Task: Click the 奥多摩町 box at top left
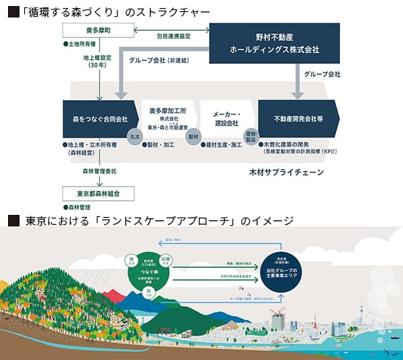[x=99, y=31]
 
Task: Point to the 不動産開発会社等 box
[x=296, y=120]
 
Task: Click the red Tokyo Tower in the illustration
[x=314, y=323]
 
